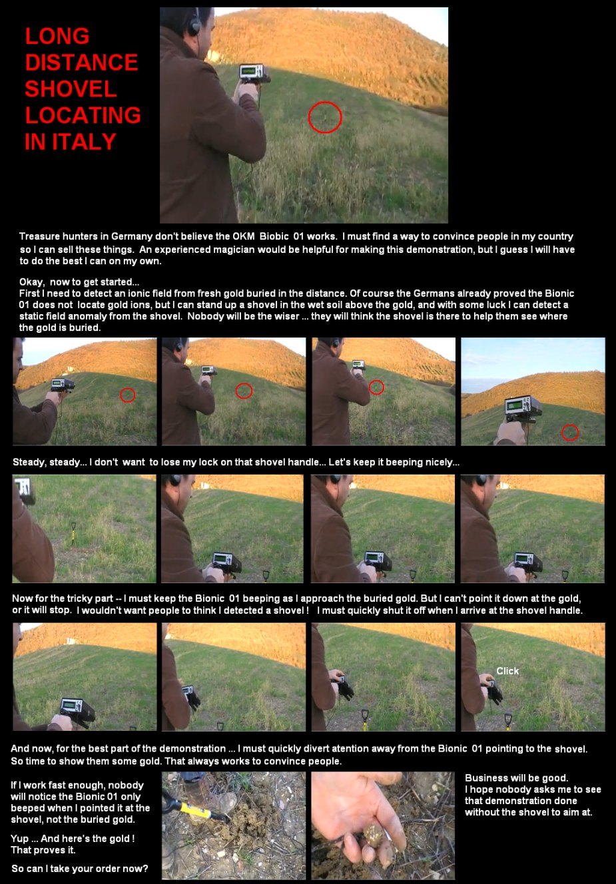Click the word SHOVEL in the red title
71,89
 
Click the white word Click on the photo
507,671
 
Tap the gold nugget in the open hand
373,834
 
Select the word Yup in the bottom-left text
19,839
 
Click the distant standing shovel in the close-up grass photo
73,533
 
